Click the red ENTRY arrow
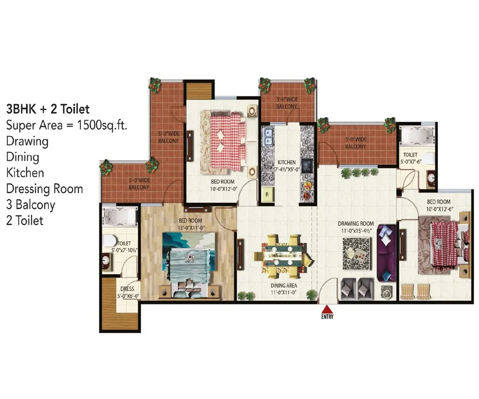(327, 309)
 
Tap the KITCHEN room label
(286, 162)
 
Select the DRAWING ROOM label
(355, 224)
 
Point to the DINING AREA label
(284, 285)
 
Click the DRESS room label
(127, 289)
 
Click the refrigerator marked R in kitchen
(267, 194)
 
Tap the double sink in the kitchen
(268, 137)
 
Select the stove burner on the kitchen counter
(307, 166)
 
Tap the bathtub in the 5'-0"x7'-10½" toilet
(119, 217)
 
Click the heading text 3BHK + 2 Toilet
(48, 109)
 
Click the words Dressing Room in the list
(45, 189)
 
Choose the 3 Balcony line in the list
(31, 205)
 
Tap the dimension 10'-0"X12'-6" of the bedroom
(440, 209)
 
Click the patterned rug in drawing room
(357, 253)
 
